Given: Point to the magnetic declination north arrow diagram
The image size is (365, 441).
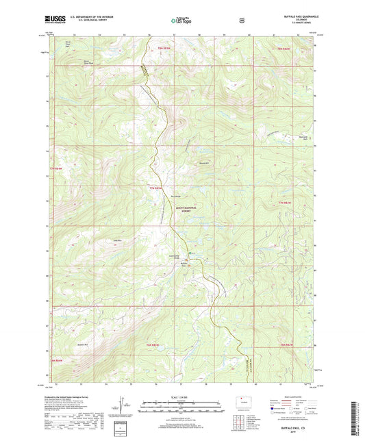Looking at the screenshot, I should pyautogui.click(x=131, y=409).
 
